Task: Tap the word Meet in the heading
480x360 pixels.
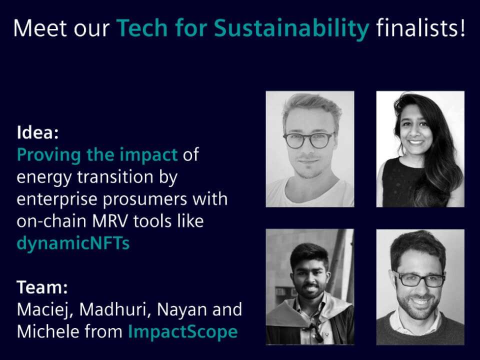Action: pyautogui.click(x=38, y=28)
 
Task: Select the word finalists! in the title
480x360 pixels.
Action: pyautogui.click(x=420, y=27)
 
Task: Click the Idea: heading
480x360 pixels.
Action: pyautogui.click(x=37, y=132)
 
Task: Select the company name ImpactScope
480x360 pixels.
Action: pyautogui.click(x=183, y=332)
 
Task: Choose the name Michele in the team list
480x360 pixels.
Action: pyautogui.click(x=47, y=331)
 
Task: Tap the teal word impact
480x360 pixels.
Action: pyautogui.click(x=148, y=155)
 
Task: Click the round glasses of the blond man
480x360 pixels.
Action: pyautogui.click(x=308, y=140)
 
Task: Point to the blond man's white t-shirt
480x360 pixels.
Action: pyautogui.click(x=309, y=193)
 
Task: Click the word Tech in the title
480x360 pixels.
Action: pyautogui.click(x=142, y=28)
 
